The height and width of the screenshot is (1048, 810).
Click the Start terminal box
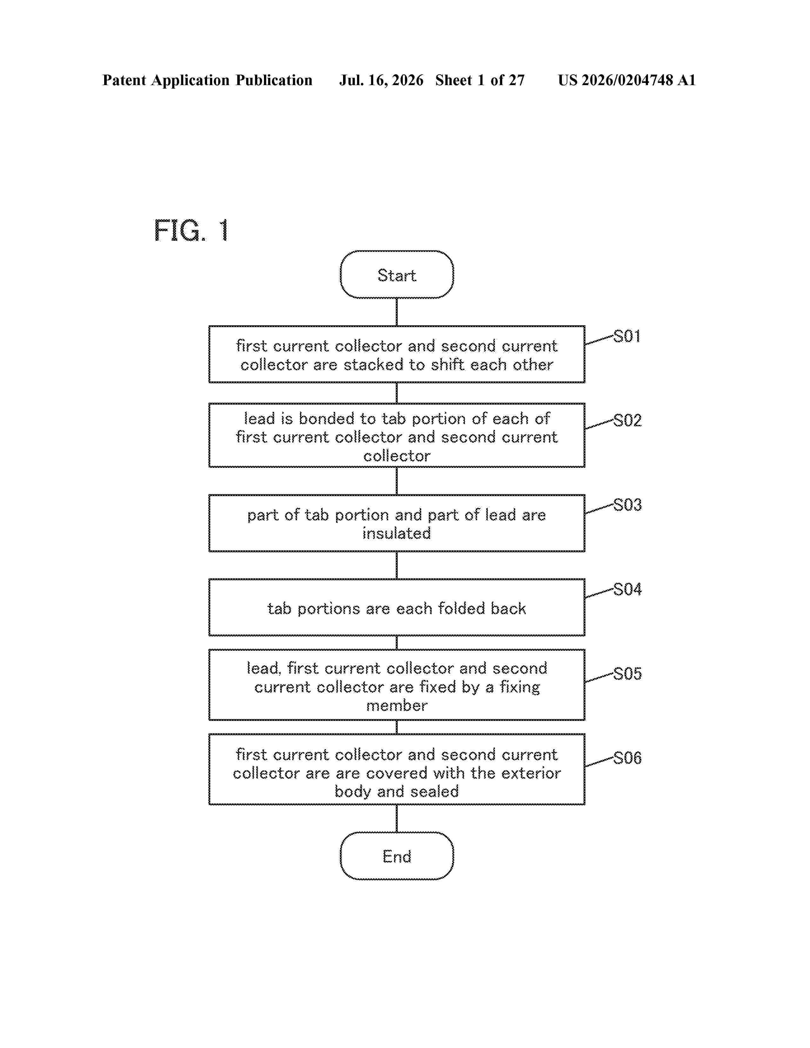tap(397, 274)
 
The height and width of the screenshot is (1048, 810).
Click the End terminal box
tap(397, 856)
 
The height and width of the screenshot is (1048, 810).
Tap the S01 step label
tap(627, 336)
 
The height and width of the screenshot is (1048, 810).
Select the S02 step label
tap(627, 420)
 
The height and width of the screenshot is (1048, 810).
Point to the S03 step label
tap(627, 505)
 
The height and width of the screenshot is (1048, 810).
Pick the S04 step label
tap(627, 589)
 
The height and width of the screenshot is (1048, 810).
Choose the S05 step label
tap(627, 674)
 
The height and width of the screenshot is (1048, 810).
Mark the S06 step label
tap(627, 758)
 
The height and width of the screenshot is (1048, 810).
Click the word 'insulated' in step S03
tap(397, 533)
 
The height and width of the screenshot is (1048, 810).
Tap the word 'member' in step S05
tap(397, 705)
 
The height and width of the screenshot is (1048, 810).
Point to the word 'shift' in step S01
tap(448, 365)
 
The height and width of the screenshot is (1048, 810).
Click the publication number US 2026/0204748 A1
tap(627, 80)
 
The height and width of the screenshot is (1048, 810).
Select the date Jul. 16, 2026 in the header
tap(381, 80)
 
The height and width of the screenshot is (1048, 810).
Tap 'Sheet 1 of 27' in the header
tap(480, 80)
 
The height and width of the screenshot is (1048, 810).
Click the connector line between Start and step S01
tap(397, 312)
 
